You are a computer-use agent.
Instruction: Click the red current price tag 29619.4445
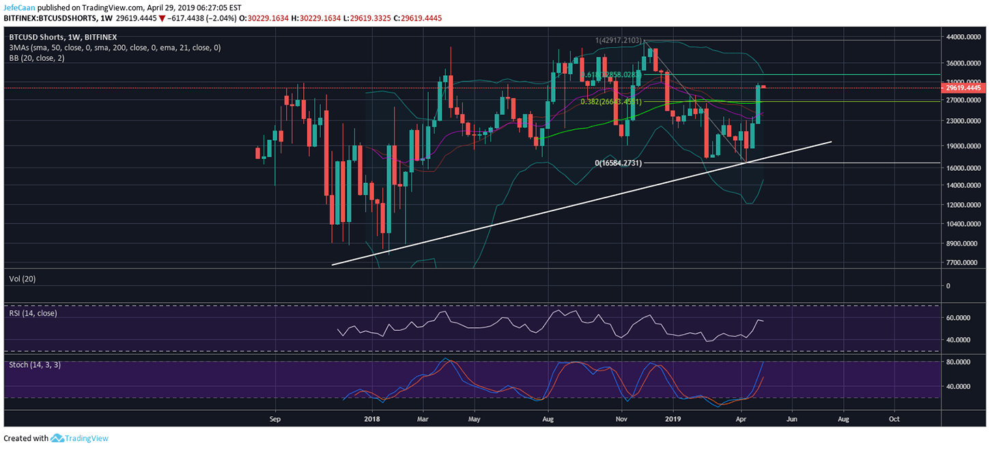click(x=963, y=87)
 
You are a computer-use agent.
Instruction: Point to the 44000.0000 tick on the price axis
click(x=963, y=37)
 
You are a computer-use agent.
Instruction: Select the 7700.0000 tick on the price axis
click(x=963, y=262)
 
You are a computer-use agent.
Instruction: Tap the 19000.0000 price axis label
click(x=963, y=146)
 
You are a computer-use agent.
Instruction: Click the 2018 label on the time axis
click(x=371, y=418)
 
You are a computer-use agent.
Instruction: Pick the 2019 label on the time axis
click(x=674, y=418)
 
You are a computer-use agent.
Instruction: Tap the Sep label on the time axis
click(x=274, y=418)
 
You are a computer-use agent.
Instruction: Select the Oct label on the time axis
click(x=894, y=418)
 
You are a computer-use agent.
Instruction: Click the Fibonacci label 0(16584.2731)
click(x=618, y=164)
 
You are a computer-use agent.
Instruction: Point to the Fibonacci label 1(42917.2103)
click(x=619, y=41)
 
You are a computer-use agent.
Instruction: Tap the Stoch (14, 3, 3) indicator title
click(x=35, y=364)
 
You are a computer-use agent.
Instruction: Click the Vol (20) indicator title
click(x=24, y=279)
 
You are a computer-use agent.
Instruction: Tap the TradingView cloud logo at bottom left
click(x=57, y=438)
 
